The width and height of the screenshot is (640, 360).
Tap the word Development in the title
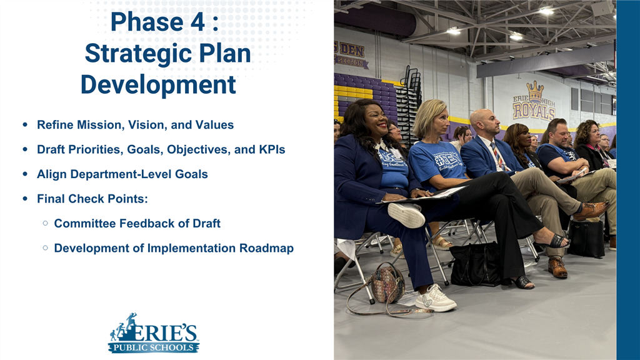(158, 84)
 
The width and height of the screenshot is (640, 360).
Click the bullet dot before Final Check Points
(24, 199)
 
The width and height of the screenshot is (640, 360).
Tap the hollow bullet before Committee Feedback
(46, 223)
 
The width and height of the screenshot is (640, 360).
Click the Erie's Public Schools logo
(154, 334)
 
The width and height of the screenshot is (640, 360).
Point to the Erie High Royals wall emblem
(534, 103)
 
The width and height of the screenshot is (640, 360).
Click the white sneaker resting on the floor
(436, 299)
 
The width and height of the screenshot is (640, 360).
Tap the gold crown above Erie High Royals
(534, 91)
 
